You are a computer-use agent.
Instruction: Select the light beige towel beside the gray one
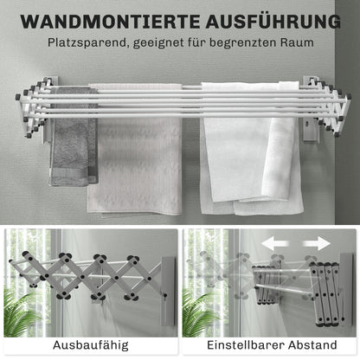pos(134,156)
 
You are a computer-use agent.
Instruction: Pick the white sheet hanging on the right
pos(251,151)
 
